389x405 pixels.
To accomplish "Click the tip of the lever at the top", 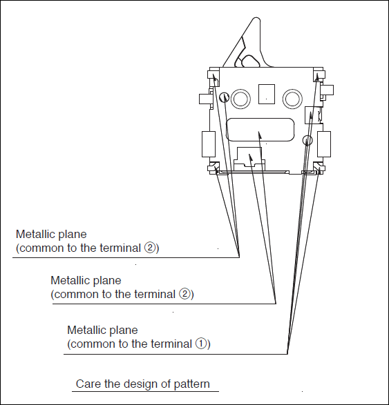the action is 256,19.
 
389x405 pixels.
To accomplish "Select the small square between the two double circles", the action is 267,94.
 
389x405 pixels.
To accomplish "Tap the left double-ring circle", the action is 240,99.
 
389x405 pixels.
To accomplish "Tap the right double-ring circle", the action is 292,99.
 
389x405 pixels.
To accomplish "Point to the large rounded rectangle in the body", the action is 260,130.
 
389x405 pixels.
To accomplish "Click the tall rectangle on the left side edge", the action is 209,144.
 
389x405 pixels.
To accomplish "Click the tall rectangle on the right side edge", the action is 324,144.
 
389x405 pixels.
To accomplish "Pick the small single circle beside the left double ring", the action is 224,97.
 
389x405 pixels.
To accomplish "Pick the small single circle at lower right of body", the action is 307,140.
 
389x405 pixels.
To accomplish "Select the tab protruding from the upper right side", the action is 327,90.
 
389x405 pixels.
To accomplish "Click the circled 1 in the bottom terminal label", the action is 201,344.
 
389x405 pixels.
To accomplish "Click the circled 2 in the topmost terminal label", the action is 149,248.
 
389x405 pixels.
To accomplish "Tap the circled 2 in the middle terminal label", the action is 184,294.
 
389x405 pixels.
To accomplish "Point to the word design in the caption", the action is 140,384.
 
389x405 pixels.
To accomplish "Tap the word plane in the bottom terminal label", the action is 124,330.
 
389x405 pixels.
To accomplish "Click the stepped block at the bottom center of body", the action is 249,158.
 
